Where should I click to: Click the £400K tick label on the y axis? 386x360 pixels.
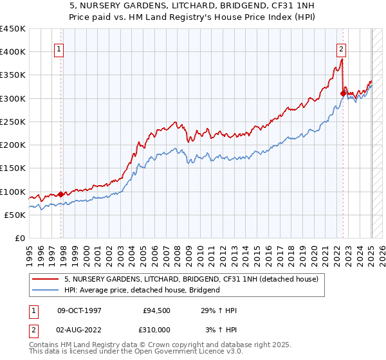coord(13,52)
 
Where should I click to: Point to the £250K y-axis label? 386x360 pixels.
coord(13,122)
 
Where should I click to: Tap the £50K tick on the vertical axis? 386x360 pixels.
coord(15,215)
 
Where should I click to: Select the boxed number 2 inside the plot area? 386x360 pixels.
coord(340,48)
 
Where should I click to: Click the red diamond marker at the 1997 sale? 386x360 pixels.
coord(60,194)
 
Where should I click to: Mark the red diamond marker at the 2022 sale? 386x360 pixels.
coord(343,93)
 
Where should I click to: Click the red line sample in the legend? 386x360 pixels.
coord(46,280)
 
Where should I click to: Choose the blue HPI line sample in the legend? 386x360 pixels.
coord(46,290)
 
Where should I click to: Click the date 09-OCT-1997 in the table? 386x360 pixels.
coord(80,310)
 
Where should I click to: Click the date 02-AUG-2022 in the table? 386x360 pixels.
coord(80,330)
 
